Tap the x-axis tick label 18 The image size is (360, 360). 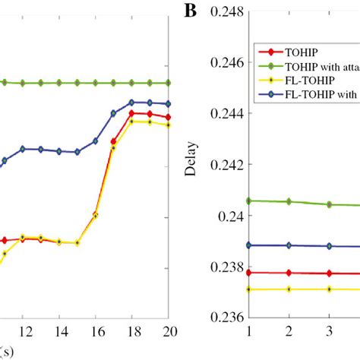[x=132, y=332]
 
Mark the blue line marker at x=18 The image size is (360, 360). [x=132, y=102]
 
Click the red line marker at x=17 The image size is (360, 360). [x=114, y=141]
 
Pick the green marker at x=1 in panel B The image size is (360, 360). [x=249, y=201]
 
